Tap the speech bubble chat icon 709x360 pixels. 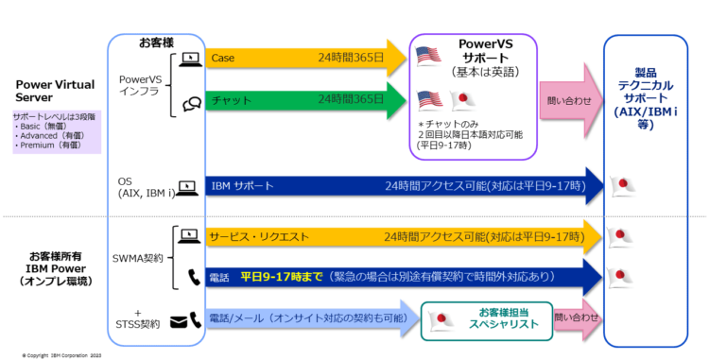(x=189, y=102)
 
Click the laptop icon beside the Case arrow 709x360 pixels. (x=189, y=59)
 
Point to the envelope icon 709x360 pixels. (x=179, y=322)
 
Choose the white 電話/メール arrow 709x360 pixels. (x=307, y=319)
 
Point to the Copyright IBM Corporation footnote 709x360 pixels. (x=61, y=354)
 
